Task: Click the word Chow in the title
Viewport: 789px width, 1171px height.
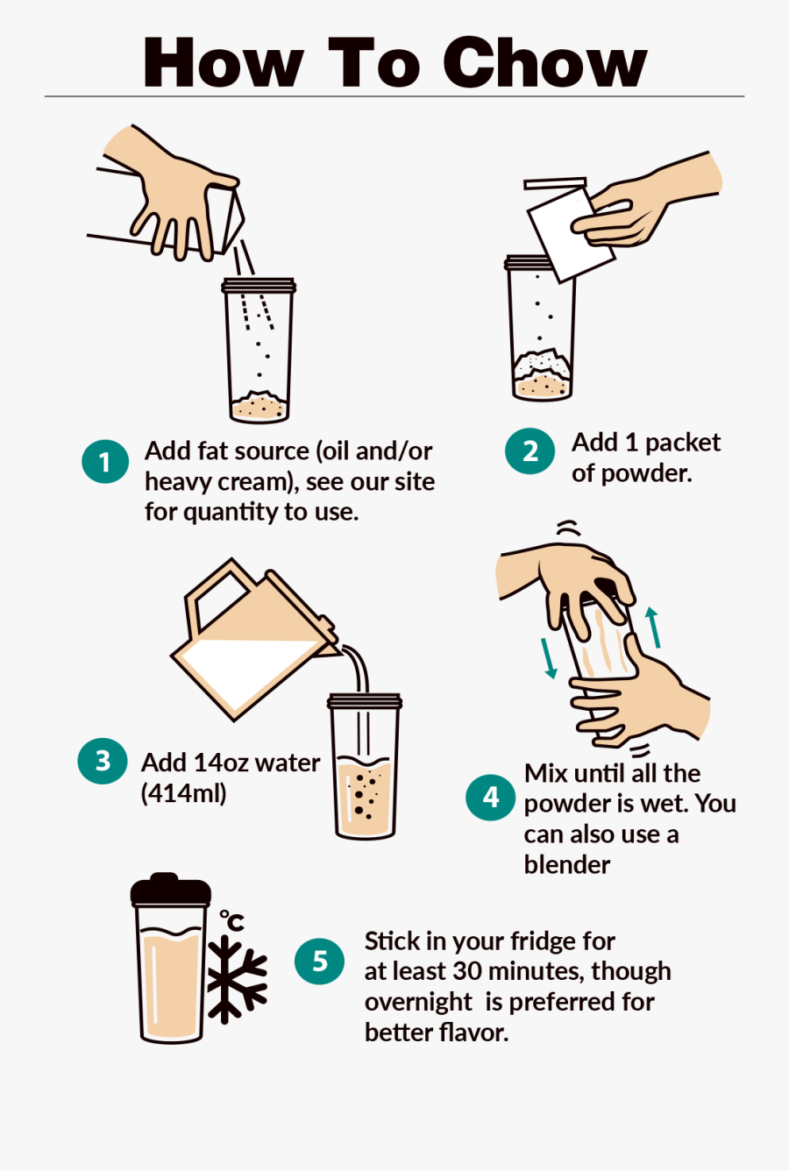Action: tap(545, 63)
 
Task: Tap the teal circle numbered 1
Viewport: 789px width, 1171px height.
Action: tap(105, 461)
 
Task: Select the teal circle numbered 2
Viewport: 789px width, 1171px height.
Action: tap(530, 451)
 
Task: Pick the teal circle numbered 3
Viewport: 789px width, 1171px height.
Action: tap(103, 760)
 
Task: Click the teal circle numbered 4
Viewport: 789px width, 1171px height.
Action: tap(490, 797)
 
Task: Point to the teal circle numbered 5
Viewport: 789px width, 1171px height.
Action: tap(319, 961)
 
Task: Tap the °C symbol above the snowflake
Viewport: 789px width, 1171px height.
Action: tap(231, 920)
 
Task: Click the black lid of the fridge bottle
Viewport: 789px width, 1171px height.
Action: tap(171, 890)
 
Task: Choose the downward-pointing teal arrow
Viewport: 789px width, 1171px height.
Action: tap(548, 657)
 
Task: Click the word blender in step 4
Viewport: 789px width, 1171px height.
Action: tap(566, 865)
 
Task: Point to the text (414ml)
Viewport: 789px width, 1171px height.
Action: tap(183, 793)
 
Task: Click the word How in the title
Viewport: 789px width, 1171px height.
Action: tap(224, 63)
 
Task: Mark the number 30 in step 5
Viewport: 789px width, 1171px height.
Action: tap(467, 971)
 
